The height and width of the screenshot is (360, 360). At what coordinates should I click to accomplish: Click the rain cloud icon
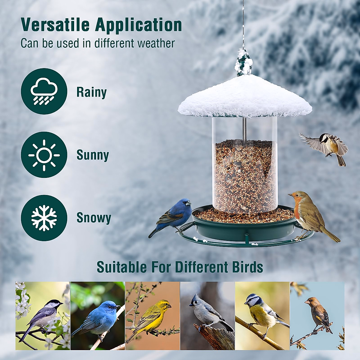click(x=44, y=91)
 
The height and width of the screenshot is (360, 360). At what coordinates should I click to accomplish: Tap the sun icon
click(x=44, y=155)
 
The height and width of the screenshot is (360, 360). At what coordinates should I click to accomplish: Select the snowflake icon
click(x=44, y=218)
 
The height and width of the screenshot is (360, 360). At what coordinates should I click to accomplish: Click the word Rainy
click(x=91, y=92)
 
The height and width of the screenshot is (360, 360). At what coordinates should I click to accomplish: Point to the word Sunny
click(x=93, y=155)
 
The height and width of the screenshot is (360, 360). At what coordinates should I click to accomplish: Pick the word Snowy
click(x=94, y=218)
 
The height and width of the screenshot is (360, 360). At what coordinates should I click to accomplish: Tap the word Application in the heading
click(x=139, y=25)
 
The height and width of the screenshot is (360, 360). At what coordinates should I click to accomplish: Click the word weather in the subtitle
click(x=156, y=43)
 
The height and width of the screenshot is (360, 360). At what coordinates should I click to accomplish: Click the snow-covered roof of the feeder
click(x=244, y=96)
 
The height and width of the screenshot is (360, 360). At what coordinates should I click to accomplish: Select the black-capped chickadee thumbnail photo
click(x=43, y=316)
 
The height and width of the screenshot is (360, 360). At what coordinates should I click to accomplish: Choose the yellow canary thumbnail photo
click(x=152, y=316)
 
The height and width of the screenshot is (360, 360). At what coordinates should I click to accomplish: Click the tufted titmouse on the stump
click(x=207, y=313)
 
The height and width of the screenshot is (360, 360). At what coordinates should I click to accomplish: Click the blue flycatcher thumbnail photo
click(x=98, y=316)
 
